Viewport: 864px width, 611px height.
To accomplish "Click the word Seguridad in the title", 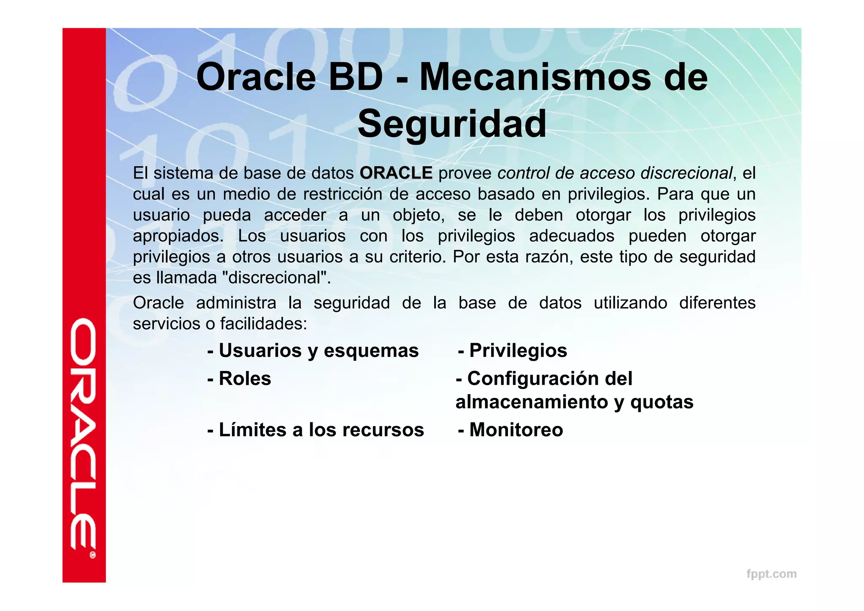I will (452, 124).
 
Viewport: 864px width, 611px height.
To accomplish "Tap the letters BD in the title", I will (355, 77).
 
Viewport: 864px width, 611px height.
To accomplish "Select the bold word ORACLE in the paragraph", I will (396, 173).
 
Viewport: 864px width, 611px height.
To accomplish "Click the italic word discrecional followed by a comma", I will (686, 173).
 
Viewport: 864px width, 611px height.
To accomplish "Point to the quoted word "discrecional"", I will (277, 278).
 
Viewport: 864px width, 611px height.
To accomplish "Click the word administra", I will (236, 303).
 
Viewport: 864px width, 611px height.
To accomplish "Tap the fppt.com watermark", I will (771, 574).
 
